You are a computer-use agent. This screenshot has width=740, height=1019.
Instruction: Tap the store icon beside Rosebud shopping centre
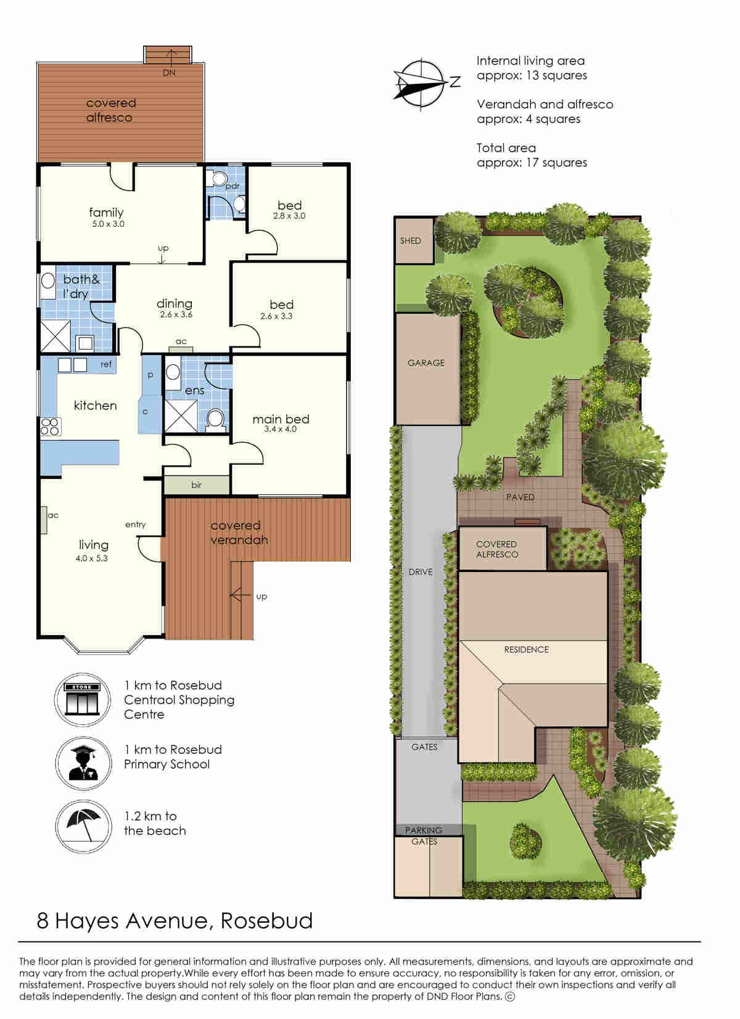[x=83, y=700]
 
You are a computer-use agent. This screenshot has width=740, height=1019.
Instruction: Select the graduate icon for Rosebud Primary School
[x=83, y=763]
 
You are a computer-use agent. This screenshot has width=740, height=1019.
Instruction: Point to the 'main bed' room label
[x=281, y=419]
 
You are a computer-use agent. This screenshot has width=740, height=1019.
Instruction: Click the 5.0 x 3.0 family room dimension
[x=109, y=224]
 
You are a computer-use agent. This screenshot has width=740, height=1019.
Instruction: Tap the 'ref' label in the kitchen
[x=106, y=364]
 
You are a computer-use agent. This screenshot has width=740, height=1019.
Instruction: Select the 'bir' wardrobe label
[x=196, y=485]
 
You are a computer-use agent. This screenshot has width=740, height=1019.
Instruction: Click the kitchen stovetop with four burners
[x=50, y=427]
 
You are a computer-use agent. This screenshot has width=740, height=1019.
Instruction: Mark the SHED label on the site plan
[x=411, y=240]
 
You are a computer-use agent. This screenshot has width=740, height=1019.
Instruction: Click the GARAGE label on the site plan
[x=426, y=363]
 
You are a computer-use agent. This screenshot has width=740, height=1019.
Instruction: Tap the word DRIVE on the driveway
[x=421, y=572]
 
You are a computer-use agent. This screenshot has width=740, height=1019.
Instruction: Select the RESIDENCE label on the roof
[x=527, y=650]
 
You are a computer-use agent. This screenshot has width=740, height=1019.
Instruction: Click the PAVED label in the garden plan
[x=520, y=497]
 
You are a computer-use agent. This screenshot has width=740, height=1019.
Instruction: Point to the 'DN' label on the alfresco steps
[x=170, y=73]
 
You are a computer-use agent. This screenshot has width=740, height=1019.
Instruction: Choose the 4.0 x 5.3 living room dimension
[x=92, y=558]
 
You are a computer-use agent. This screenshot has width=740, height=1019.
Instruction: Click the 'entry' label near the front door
[x=136, y=525]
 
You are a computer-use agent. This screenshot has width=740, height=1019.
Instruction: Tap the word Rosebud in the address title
[x=266, y=921]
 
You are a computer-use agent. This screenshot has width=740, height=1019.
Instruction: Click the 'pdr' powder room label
[x=232, y=186]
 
